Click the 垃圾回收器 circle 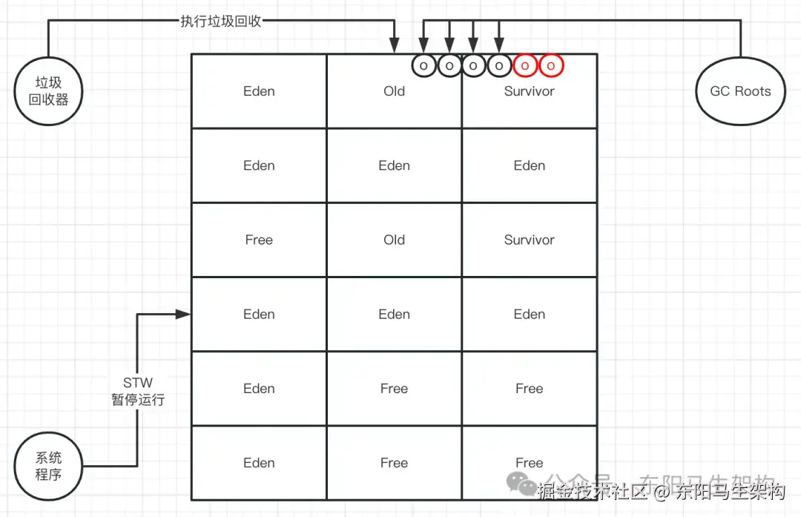[x=49, y=91]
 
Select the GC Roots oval [x=740, y=91]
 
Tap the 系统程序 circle [x=49, y=466]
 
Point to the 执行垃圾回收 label [x=221, y=21]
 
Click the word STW [x=138, y=383]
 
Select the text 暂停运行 [x=138, y=400]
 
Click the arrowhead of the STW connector [x=184, y=315]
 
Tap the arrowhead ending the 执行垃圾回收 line [x=395, y=47]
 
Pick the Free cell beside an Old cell [x=259, y=240]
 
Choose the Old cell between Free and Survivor [x=394, y=240]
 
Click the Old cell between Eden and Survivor [x=394, y=91]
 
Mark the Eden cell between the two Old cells [x=394, y=165]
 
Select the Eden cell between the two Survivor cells [x=529, y=165]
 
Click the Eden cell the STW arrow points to [x=259, y=314]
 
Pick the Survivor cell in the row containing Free [x=529, y=240]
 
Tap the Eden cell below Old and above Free [x=394, y=314]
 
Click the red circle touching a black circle [x=525, y=65]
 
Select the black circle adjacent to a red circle [x=499, y=65]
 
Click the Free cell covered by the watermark [x=529, y=462]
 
